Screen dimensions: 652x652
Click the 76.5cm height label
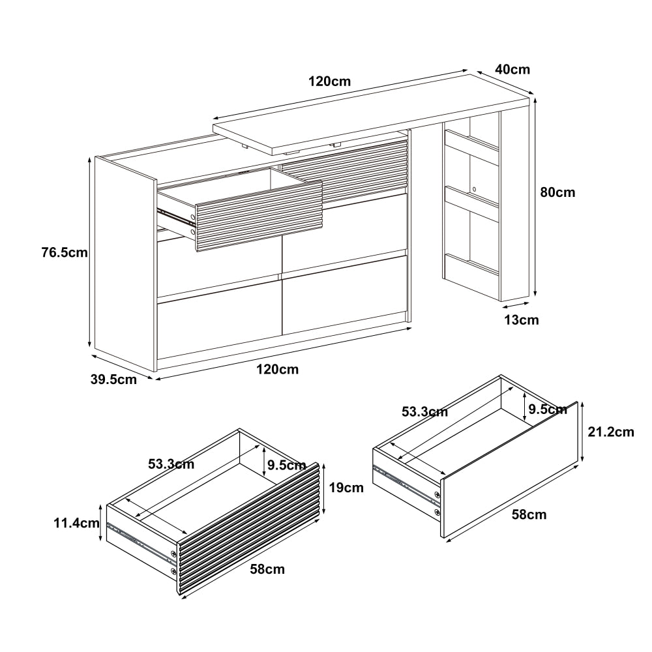point(64,252)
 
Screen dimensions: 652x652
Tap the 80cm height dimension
point(558,192)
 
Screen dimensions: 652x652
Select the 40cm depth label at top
point(512,69)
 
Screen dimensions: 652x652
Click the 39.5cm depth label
point(114,379)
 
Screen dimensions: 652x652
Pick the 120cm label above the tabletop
point(330,81)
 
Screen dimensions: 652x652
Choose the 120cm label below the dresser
point(278,370)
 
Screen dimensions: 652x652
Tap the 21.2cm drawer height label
point(610,432)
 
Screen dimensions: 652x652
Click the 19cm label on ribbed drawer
point(346,488)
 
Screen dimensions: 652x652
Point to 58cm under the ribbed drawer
point(267,569)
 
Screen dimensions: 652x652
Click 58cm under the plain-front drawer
point(529,515)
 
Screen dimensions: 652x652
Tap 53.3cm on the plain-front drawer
point(424,411)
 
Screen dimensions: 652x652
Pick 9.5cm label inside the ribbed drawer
point(287,465)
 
